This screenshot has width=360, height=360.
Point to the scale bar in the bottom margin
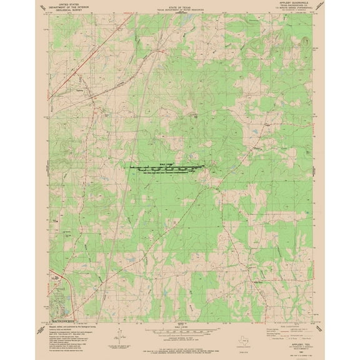pos(179,326)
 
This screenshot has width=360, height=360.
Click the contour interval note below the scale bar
pos(179,334)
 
